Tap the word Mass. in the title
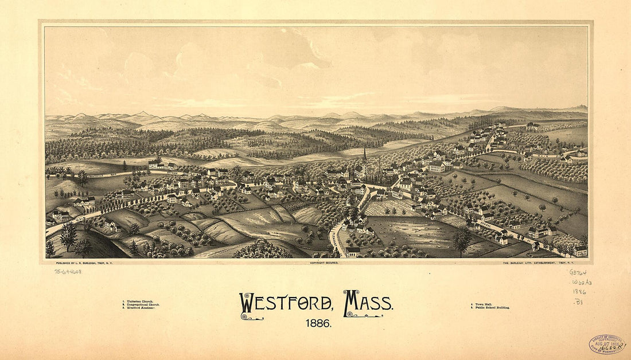368,303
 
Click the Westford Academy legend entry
139,308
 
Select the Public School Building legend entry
490,308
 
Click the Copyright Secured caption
324,263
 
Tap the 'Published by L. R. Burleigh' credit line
87,263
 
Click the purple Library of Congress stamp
607,343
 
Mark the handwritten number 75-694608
68,272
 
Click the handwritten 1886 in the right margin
579,291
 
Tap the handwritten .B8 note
578,301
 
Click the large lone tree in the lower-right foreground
461,239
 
